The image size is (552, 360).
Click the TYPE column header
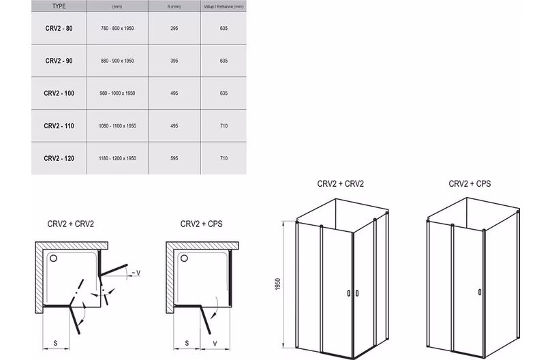(x=59, y=6)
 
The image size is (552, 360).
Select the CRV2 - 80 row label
(x=59, y=28)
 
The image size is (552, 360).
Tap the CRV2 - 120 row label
(x=59, y=158)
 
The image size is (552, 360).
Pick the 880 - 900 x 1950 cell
(x=117, y=61)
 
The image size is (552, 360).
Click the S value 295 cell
(x=174, y=28)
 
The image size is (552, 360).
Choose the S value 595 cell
(x=174, y=158)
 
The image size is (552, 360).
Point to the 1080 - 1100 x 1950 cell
(x=117, y=125)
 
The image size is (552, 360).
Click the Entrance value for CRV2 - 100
(x=224, y=93)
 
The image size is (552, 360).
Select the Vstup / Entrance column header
(x=224, y=6)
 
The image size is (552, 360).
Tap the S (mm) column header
(x=174, y=6)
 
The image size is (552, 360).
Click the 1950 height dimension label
(x=278, y=284)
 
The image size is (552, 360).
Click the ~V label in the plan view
(x=136, y=273)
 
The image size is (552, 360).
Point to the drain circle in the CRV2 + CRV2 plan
(x=53, y=258)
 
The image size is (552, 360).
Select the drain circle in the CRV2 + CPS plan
(x=184, y=258)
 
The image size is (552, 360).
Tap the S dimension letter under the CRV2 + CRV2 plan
(x=55, y=343)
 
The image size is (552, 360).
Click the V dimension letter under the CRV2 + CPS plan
(x=215, y=344)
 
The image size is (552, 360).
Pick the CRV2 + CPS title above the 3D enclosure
(x=470, y=183)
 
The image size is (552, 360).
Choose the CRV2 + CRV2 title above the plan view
(x=71, y=224)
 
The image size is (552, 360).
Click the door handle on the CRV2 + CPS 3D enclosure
(x=480, y=292)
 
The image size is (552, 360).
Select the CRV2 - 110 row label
(x=59, y=125)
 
